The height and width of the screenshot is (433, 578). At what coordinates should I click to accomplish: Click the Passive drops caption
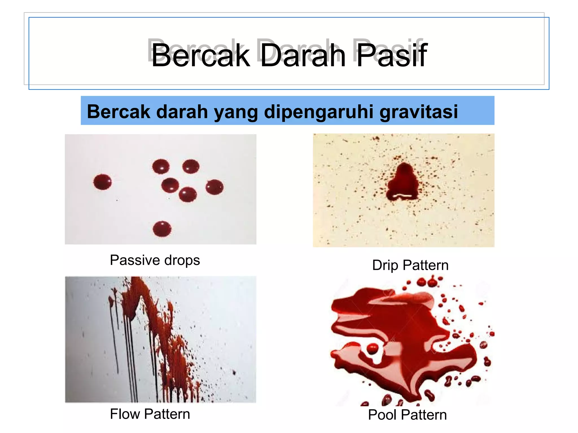coord(155,260)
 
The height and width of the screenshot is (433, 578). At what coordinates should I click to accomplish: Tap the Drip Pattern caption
coord(410,265)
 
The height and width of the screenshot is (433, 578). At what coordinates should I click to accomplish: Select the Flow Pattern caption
coord(150,414)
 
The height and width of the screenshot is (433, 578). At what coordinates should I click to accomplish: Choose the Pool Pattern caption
coord(407,415)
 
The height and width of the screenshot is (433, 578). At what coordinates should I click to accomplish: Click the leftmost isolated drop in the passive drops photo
coord(102,182)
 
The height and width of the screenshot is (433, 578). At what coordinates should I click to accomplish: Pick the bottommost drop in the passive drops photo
coord(162,229)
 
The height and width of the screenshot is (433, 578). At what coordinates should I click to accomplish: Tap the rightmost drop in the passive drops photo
coord(214,187)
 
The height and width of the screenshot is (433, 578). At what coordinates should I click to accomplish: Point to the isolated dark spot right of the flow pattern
coord(234,373)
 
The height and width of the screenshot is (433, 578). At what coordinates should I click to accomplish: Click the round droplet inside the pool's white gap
coord(372,348)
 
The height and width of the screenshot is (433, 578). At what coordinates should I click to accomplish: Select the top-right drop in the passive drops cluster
coord(191,166)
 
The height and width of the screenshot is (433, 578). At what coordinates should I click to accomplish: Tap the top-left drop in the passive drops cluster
coord(161,166)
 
